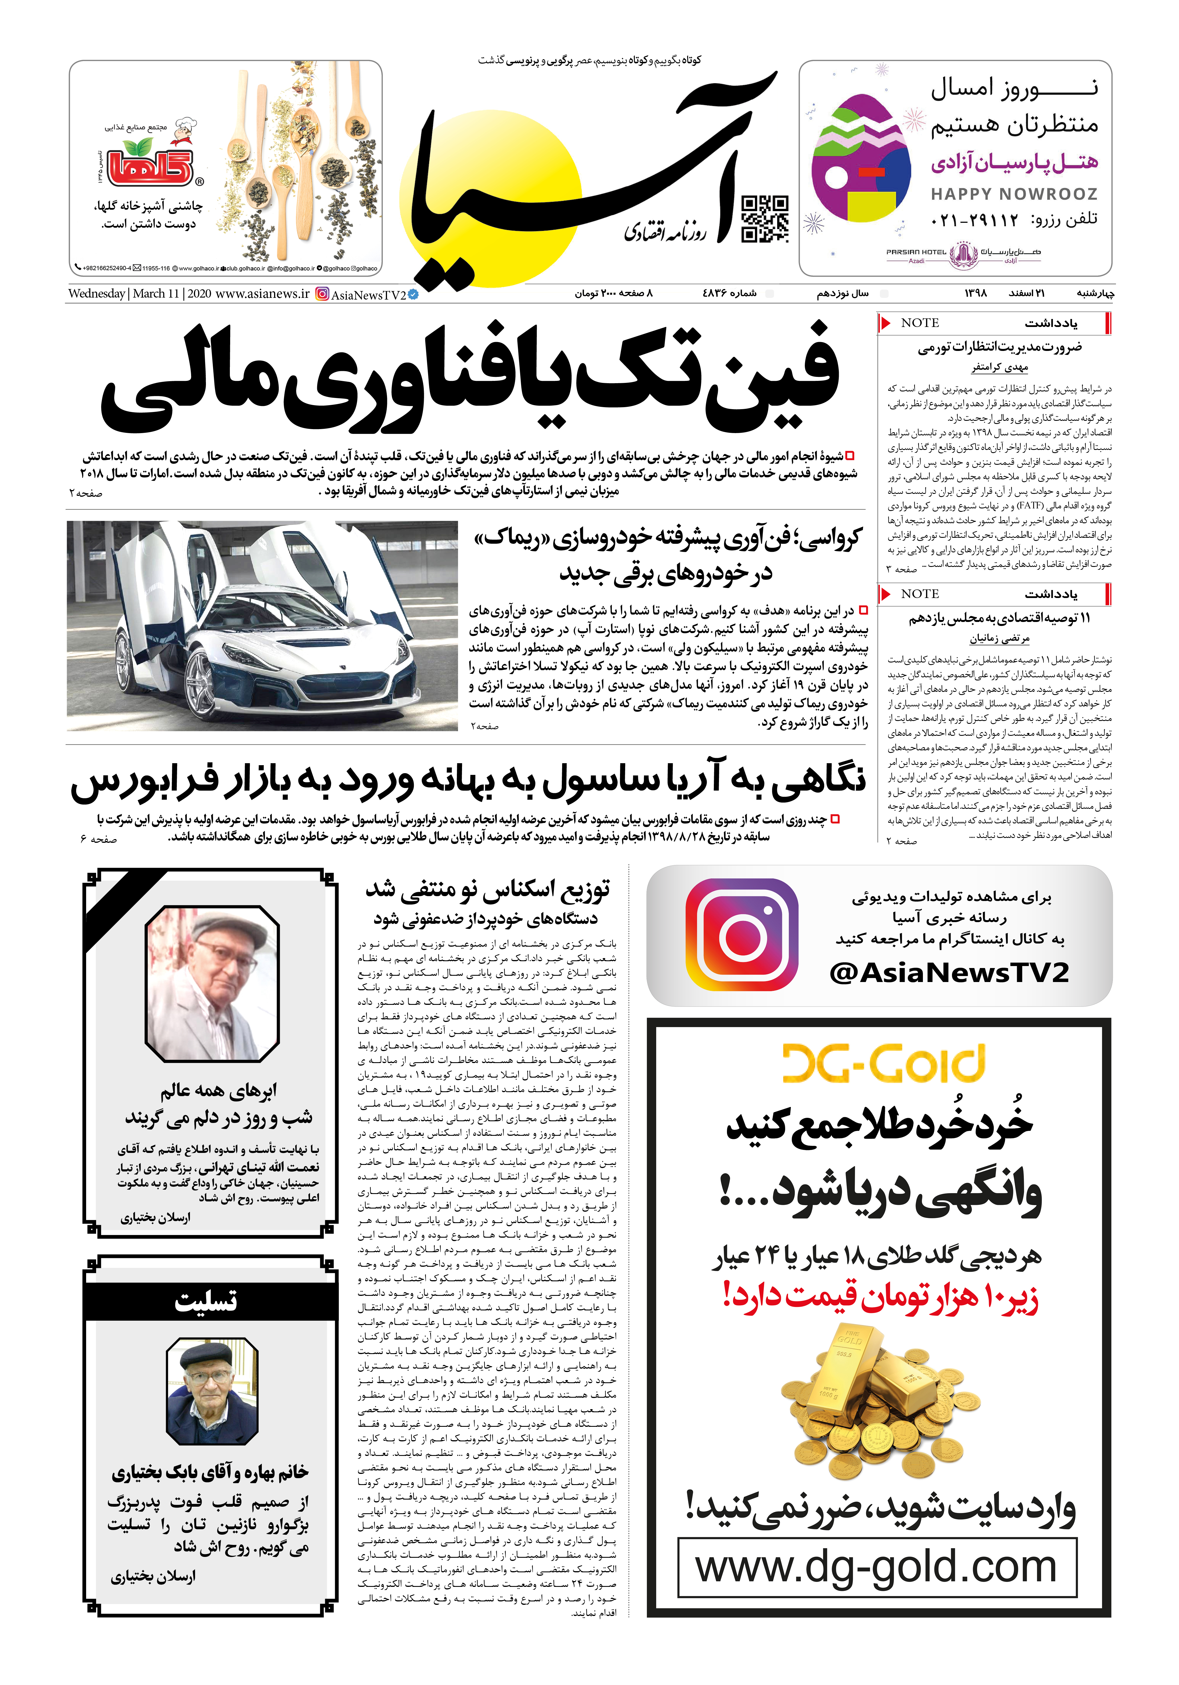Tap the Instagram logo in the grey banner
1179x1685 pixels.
pos(741,934)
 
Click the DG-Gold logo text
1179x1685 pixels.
pos(883,1063)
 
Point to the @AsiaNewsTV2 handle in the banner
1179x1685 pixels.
pos(949,972)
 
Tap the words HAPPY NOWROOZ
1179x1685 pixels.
pos(1014,194)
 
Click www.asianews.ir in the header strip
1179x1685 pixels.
pos(263,294)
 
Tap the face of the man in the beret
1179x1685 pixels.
pos(210,1380)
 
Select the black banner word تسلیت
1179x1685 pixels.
pos(206,1301)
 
